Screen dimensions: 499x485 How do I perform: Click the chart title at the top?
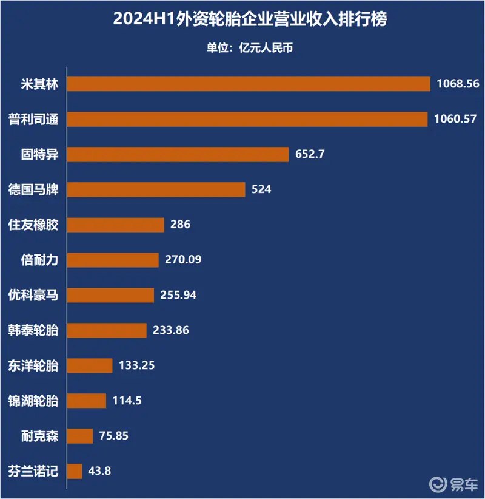[242, 19]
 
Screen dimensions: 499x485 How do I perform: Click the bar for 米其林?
[248, 84]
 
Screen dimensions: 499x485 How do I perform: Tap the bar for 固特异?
[178, 154]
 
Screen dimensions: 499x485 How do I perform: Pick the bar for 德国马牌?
[156, 189]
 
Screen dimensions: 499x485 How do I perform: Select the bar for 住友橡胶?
[115, 225]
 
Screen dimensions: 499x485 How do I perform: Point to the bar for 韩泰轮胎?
[107, 330]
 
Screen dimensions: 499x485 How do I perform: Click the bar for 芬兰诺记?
[75, 471]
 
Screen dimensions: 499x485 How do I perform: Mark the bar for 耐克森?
[79, 436]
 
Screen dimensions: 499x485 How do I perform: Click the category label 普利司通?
[34, 119]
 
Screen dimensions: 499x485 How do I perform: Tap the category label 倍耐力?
[39, 260]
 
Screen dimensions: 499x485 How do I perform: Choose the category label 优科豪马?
[34, 295]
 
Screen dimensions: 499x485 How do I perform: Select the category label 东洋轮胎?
[34, 365]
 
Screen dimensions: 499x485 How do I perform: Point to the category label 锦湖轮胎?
[34, 401]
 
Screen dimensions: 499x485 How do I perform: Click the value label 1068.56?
[458, 84]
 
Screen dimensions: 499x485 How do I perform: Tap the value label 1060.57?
[455, 119]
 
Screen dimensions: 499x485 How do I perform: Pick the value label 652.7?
[310, 154]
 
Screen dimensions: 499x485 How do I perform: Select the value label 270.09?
[182, 260]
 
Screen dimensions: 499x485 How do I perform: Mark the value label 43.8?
[99, 471]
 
